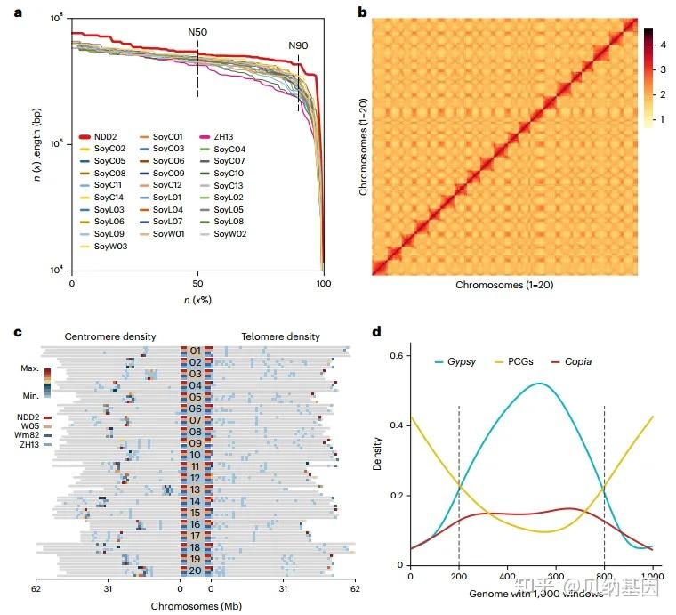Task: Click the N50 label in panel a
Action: click(x=197, y=33)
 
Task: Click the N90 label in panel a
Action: click(x=298, y=45)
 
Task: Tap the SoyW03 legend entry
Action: click(x=109, y=247)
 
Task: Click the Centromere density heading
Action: click(x=109, y=336)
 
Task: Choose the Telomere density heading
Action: click(x=280, y=336)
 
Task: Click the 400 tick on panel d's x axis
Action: click(x=507, y=576)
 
